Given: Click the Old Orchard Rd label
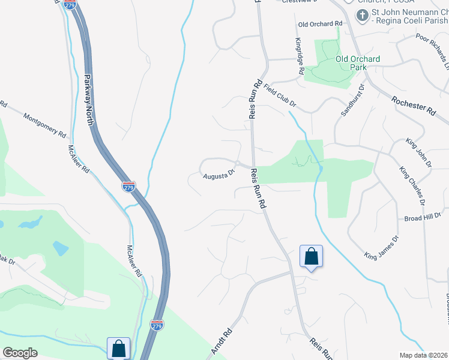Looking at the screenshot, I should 320,23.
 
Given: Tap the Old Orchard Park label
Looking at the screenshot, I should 358,63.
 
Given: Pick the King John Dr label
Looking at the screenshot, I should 419,152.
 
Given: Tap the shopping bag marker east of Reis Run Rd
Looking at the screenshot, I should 311,256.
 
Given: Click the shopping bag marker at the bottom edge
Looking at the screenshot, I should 118,348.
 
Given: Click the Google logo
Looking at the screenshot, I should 20,353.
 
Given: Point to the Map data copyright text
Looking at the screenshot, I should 424,355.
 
